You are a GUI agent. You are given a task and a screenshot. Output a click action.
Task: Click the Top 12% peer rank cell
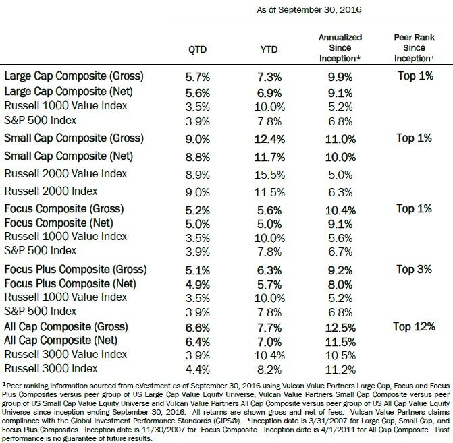click(x=415, y=327)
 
